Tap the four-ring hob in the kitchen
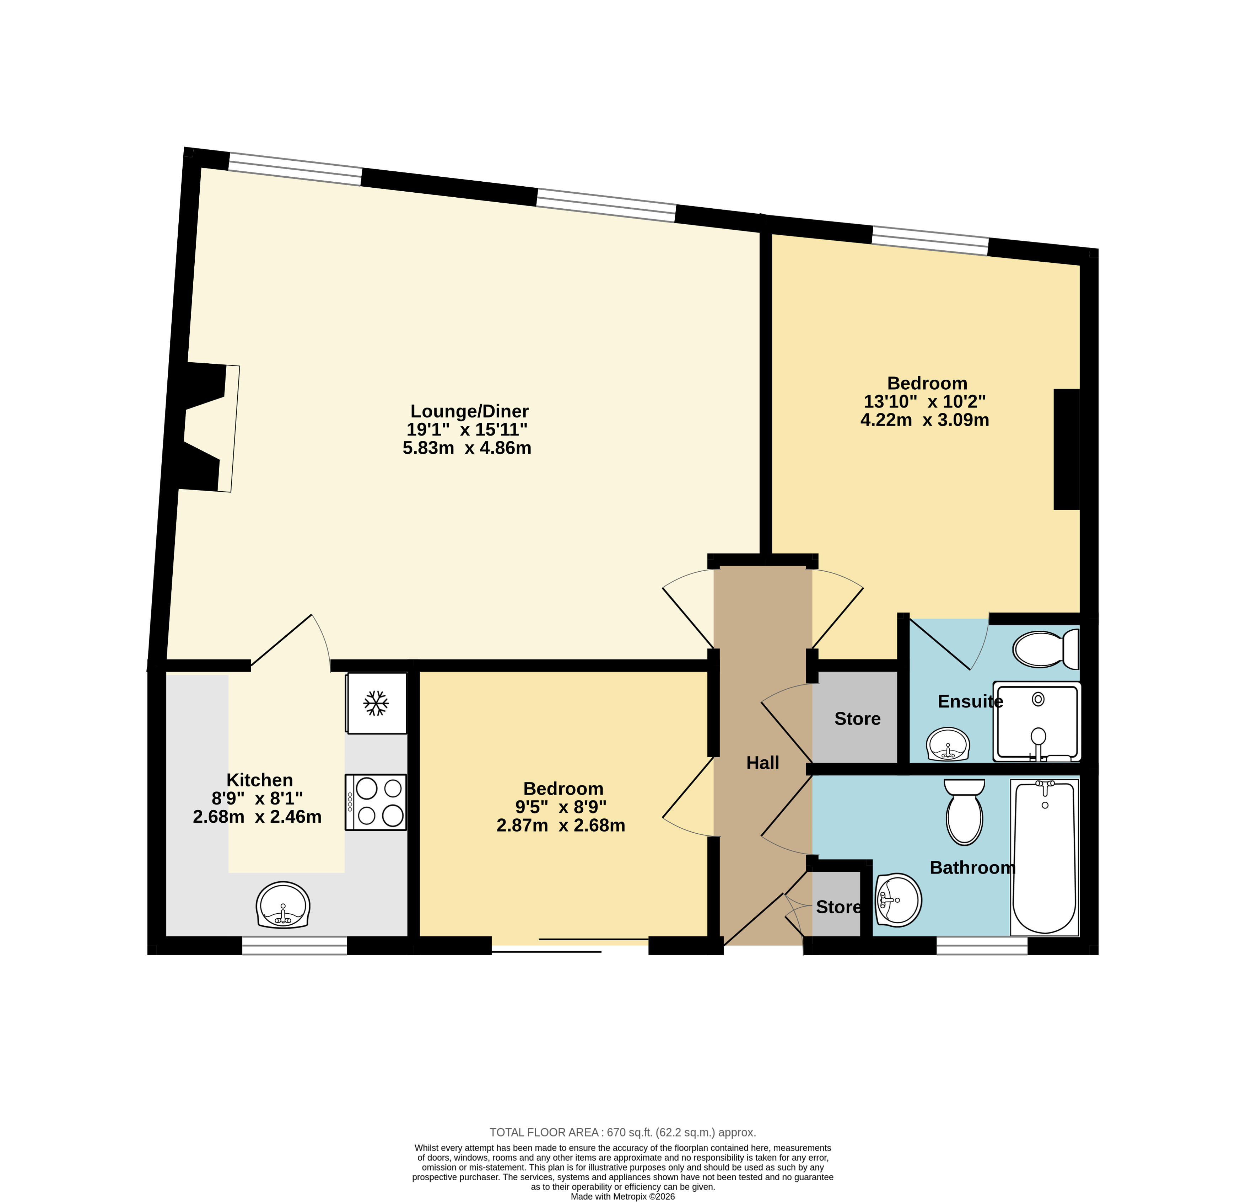tap(376, 802)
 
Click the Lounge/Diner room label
tap(469, 411)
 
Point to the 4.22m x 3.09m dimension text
tap(924, 420)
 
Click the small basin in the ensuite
tap(948, 744)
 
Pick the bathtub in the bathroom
tap(1045, 857)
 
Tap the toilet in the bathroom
tap(964, 812)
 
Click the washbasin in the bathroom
tap(898, 900)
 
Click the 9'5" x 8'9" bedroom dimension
tap(561, 807)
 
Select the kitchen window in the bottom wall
tap(294, 946)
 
